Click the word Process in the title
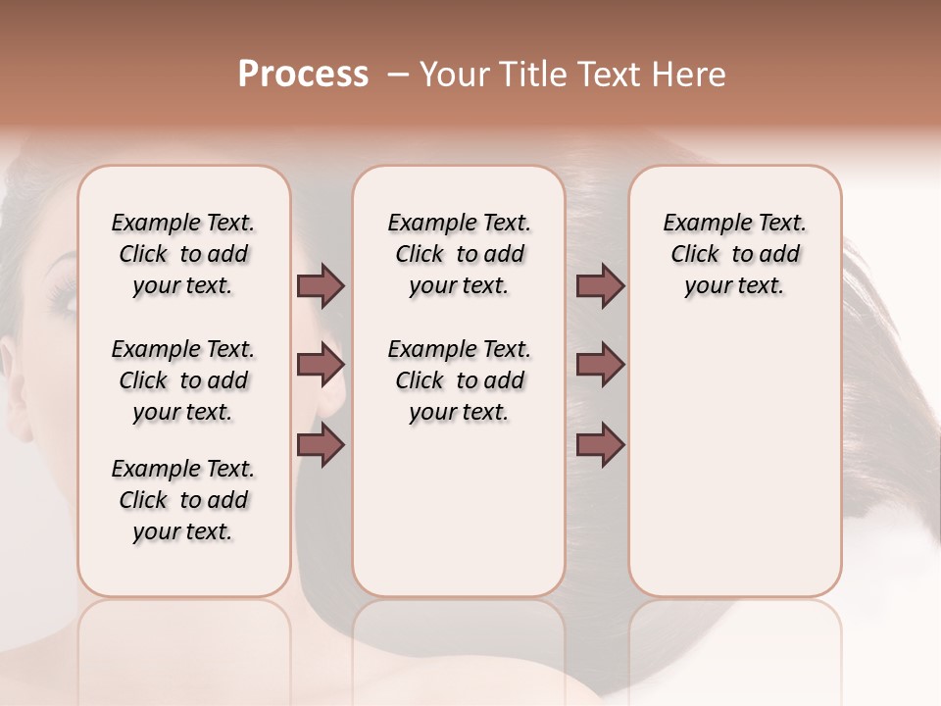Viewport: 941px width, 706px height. click(x=302, y=76)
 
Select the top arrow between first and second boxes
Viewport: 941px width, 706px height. click(x=321, y=286)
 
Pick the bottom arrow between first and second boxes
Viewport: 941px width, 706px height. click(x=321, y=444)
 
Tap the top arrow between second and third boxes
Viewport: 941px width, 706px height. click(x=600, y=286)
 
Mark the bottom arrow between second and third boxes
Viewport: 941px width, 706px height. click(x=600, y=444)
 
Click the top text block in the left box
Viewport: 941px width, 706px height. click(x=183, y=254)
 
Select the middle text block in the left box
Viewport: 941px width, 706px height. click(x=183, y=380)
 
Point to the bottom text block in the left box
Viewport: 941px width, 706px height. click(x=183, y=500)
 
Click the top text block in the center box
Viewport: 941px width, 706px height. click(x=459, y=254)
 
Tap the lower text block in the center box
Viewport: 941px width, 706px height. click(x=459, y=380)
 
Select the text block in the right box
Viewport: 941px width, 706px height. click(x=735, y=254)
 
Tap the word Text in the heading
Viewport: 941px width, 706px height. click(x=598, y=76)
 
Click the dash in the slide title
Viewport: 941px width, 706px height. click(x=398, y=76)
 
